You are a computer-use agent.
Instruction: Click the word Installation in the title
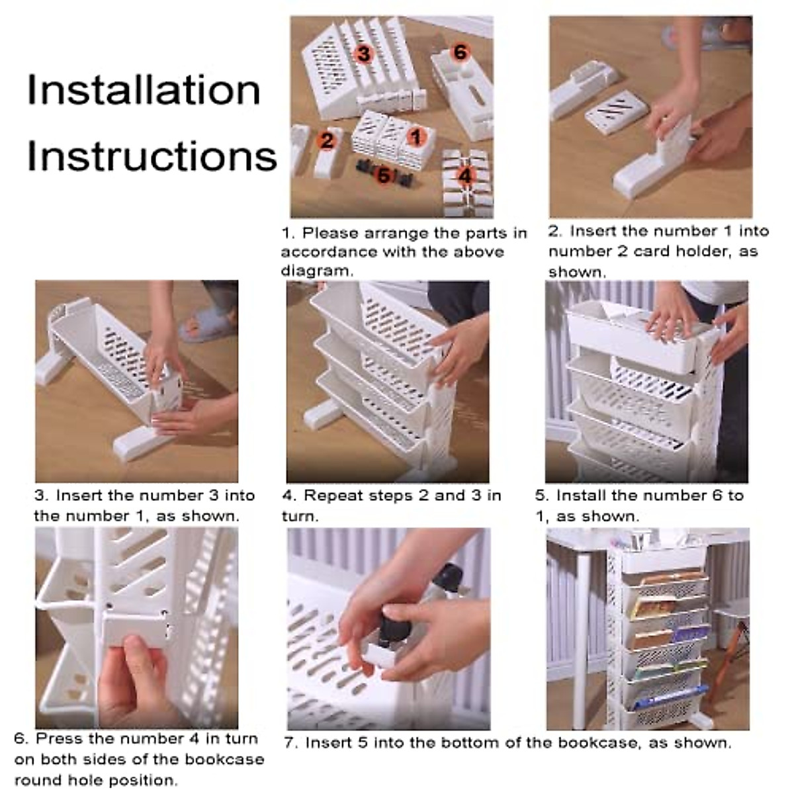[x=144, y=90]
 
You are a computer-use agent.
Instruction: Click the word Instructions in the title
[x=152, y=157]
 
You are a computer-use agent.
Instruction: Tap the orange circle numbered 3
[x=364, y=54]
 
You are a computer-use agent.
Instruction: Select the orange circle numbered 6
[x=460, y=52]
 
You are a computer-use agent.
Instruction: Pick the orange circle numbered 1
[x=416, y=137]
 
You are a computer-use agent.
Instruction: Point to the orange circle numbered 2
[x=327, y=141]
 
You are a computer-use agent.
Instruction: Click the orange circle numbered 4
[x=464, y=176]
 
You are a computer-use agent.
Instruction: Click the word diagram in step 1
[x=316, y=271]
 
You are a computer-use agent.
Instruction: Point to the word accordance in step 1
[x=329, y=251]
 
